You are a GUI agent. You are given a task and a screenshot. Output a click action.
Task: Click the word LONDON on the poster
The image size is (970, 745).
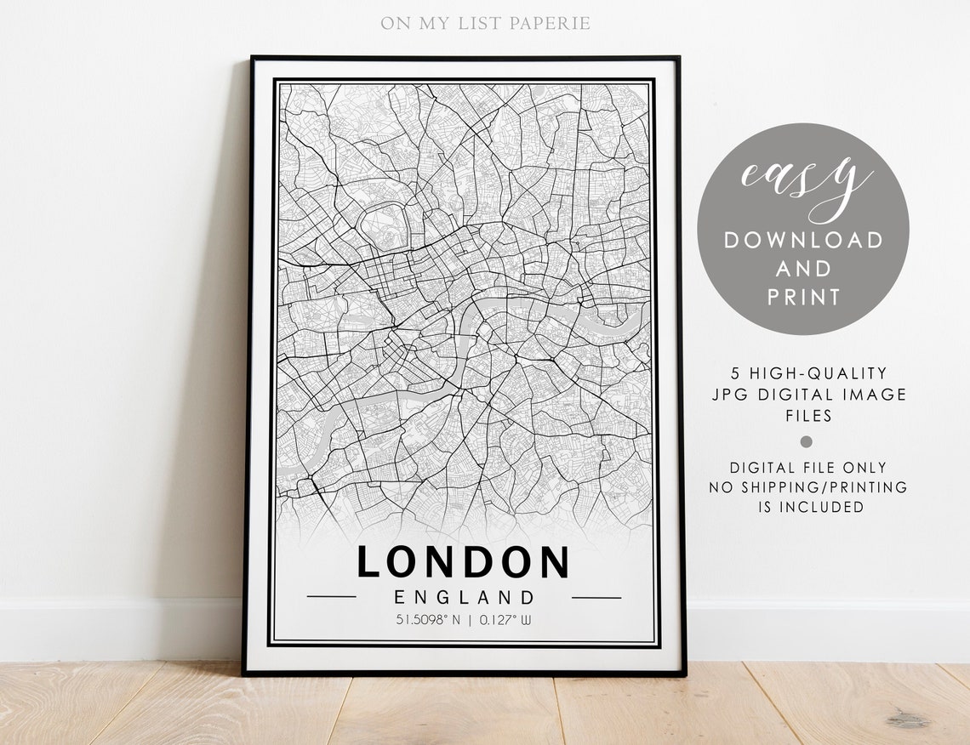tap(463, 562)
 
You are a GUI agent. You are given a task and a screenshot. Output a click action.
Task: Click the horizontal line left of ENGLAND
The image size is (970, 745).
tap(331, 597)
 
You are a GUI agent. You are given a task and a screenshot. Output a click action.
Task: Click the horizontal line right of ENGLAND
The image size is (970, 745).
tap(596, 597)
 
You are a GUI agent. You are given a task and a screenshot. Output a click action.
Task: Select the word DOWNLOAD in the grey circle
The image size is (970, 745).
tap(804, 240)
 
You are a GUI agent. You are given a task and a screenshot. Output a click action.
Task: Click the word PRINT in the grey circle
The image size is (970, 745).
tap(804, 297)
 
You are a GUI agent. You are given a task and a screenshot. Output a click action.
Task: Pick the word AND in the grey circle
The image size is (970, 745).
tap(804, 269)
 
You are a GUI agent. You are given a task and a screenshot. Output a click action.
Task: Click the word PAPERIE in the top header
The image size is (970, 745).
tap(550, 23)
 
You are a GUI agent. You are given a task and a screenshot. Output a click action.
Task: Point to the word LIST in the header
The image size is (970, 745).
tap(478, 23)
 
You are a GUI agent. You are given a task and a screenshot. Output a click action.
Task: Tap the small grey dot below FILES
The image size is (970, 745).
tap(807, 441)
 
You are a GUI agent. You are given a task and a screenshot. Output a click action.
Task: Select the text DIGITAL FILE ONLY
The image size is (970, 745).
tap(808, 468)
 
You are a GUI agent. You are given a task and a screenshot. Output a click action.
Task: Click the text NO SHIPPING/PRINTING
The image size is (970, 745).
tap(808, 487)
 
